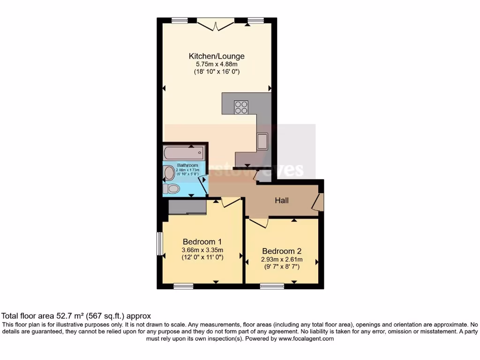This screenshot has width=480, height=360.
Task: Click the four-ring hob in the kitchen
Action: tap(241, 107)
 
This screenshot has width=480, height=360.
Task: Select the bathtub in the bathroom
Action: tap(184, 152)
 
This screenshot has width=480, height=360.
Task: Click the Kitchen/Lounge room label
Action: tap(217, 56)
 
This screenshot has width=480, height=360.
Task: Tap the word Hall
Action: tap(282, 201)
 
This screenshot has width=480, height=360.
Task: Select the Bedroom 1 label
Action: tap(202, 242)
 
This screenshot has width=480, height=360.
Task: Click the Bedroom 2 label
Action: tap(281, 251)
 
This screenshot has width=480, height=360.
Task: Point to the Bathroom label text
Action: tap(187, 165)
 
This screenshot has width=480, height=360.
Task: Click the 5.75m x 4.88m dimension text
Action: tap(217, 64)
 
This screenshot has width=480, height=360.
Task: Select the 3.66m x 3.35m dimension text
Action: tap(202, 250)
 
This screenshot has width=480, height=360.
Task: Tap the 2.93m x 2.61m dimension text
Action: tap(281, 259)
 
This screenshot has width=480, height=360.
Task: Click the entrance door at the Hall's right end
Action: tap(319, 202)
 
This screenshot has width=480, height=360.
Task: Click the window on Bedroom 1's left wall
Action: tap(159, 244)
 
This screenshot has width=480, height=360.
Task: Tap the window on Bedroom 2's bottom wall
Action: tap(272, 286)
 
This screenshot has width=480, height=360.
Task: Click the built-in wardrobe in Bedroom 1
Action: tap(187, 206)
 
